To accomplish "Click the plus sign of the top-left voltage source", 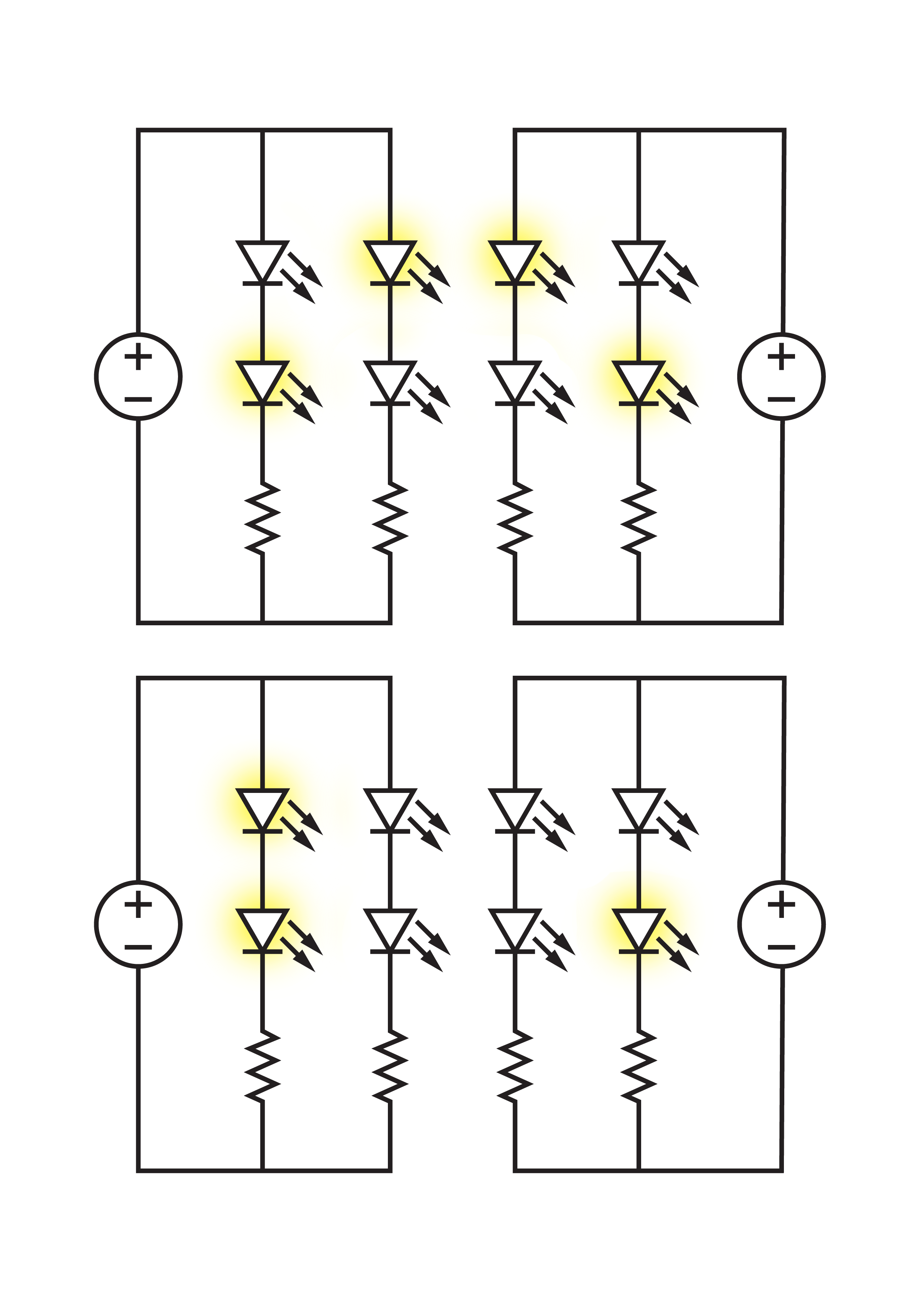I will (x=138, y=356).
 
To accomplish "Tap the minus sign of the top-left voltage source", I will (x=138, y=399).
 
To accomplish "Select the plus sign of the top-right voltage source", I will (x=781, y=356).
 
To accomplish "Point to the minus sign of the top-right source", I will (x=781, y=399).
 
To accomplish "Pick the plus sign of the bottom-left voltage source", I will (x=138, y=904).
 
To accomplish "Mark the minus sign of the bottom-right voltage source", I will (x=781, y=947).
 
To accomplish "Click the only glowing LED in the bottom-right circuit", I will (x=639, y=930).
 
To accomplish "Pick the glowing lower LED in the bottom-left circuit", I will (x=262, y=930).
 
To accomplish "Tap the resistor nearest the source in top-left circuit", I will (x=262, y=518).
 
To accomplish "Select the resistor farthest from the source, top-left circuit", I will (x=390, y=518).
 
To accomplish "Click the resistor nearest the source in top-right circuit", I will (x=639, y=518).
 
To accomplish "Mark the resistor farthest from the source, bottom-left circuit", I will (x=390, y=1065).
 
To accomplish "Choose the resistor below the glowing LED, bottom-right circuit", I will (x=639, y=1065).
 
